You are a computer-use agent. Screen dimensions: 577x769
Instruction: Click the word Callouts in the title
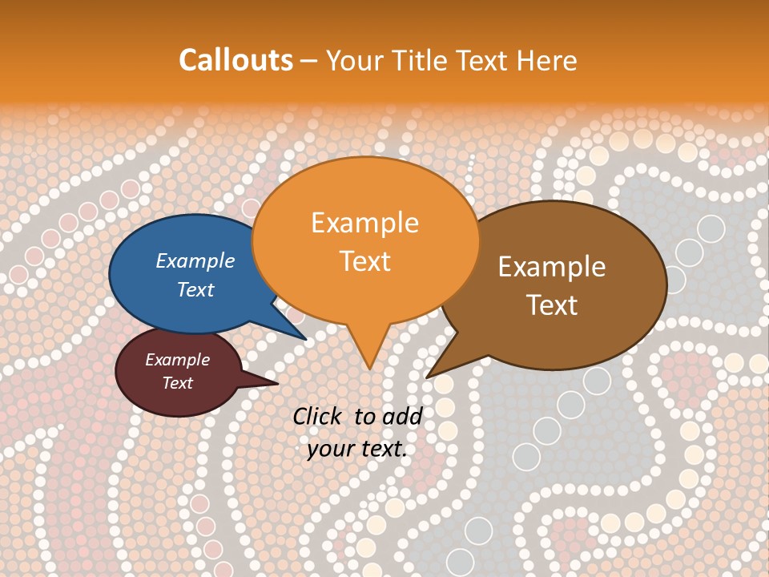point(236,60)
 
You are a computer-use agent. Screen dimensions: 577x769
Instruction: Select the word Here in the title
point(548,60)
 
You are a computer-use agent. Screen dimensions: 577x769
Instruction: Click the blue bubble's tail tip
point(306,340)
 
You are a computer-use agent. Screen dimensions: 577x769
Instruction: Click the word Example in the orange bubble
point(364,222)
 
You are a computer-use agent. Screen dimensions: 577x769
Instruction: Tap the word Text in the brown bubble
point(552,305)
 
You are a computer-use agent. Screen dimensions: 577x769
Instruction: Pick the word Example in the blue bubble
point(195,260)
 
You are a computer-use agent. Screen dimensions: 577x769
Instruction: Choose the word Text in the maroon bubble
point(177,383)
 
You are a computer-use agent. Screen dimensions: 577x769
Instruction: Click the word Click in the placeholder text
point(316,416)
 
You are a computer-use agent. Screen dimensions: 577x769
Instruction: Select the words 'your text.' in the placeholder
point(357,449)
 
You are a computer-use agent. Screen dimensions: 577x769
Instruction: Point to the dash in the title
point(309,61)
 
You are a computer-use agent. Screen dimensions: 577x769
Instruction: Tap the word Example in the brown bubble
point(552,267)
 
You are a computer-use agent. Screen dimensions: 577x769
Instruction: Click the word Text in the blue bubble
point(195,289)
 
